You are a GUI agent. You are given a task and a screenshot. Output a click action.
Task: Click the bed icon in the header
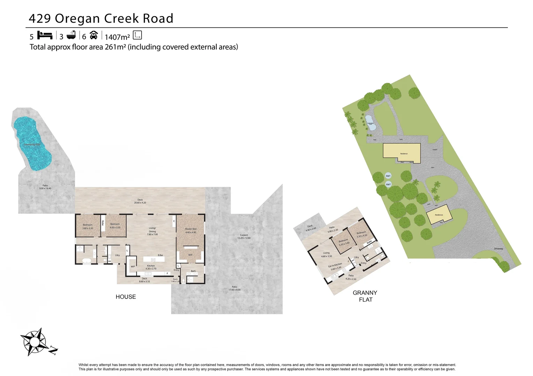[45, 36]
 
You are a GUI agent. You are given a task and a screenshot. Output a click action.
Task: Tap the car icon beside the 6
[93, 35]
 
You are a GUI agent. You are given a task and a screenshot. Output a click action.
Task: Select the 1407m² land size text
[117, 37]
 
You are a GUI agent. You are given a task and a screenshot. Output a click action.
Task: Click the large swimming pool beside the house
[32, 143]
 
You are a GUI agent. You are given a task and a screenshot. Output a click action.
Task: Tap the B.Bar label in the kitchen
[160, 255]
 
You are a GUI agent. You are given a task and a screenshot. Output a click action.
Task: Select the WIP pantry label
[133, 267]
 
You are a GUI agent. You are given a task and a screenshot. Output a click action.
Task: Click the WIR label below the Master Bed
[190, 255]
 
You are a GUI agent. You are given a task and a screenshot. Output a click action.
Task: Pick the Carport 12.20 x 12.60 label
[244, 236]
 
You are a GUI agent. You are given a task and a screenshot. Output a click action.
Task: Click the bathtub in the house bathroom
[86, 260]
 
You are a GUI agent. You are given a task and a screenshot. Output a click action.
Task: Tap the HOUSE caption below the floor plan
[126, 297]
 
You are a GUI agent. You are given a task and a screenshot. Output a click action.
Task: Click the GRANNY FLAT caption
[365, 296]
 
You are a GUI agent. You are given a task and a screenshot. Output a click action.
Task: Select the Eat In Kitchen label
[335, 266]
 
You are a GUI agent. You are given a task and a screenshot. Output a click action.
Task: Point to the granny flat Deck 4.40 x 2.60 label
[310, 228]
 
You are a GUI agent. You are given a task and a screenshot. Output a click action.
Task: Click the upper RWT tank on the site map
[388, 176]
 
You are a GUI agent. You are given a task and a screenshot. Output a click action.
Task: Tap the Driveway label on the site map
[498, 249]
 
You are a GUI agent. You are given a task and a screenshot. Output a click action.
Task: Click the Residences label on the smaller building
[439, 215]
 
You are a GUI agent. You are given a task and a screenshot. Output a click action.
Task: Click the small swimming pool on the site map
[370, 123]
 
